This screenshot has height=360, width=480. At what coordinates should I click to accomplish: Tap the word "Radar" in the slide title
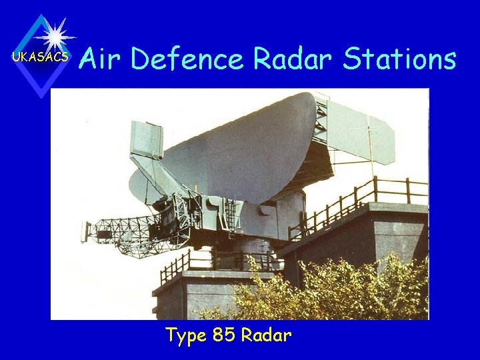293,59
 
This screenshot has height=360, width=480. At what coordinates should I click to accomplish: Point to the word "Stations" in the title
399,59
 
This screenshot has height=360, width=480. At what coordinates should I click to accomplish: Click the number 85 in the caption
224,335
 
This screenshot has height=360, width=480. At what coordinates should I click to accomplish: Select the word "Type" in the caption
186,335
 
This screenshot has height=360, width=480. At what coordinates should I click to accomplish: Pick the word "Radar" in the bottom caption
266,335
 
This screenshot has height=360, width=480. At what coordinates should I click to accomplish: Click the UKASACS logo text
40,57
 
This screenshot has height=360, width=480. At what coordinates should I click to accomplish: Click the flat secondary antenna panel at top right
360,130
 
